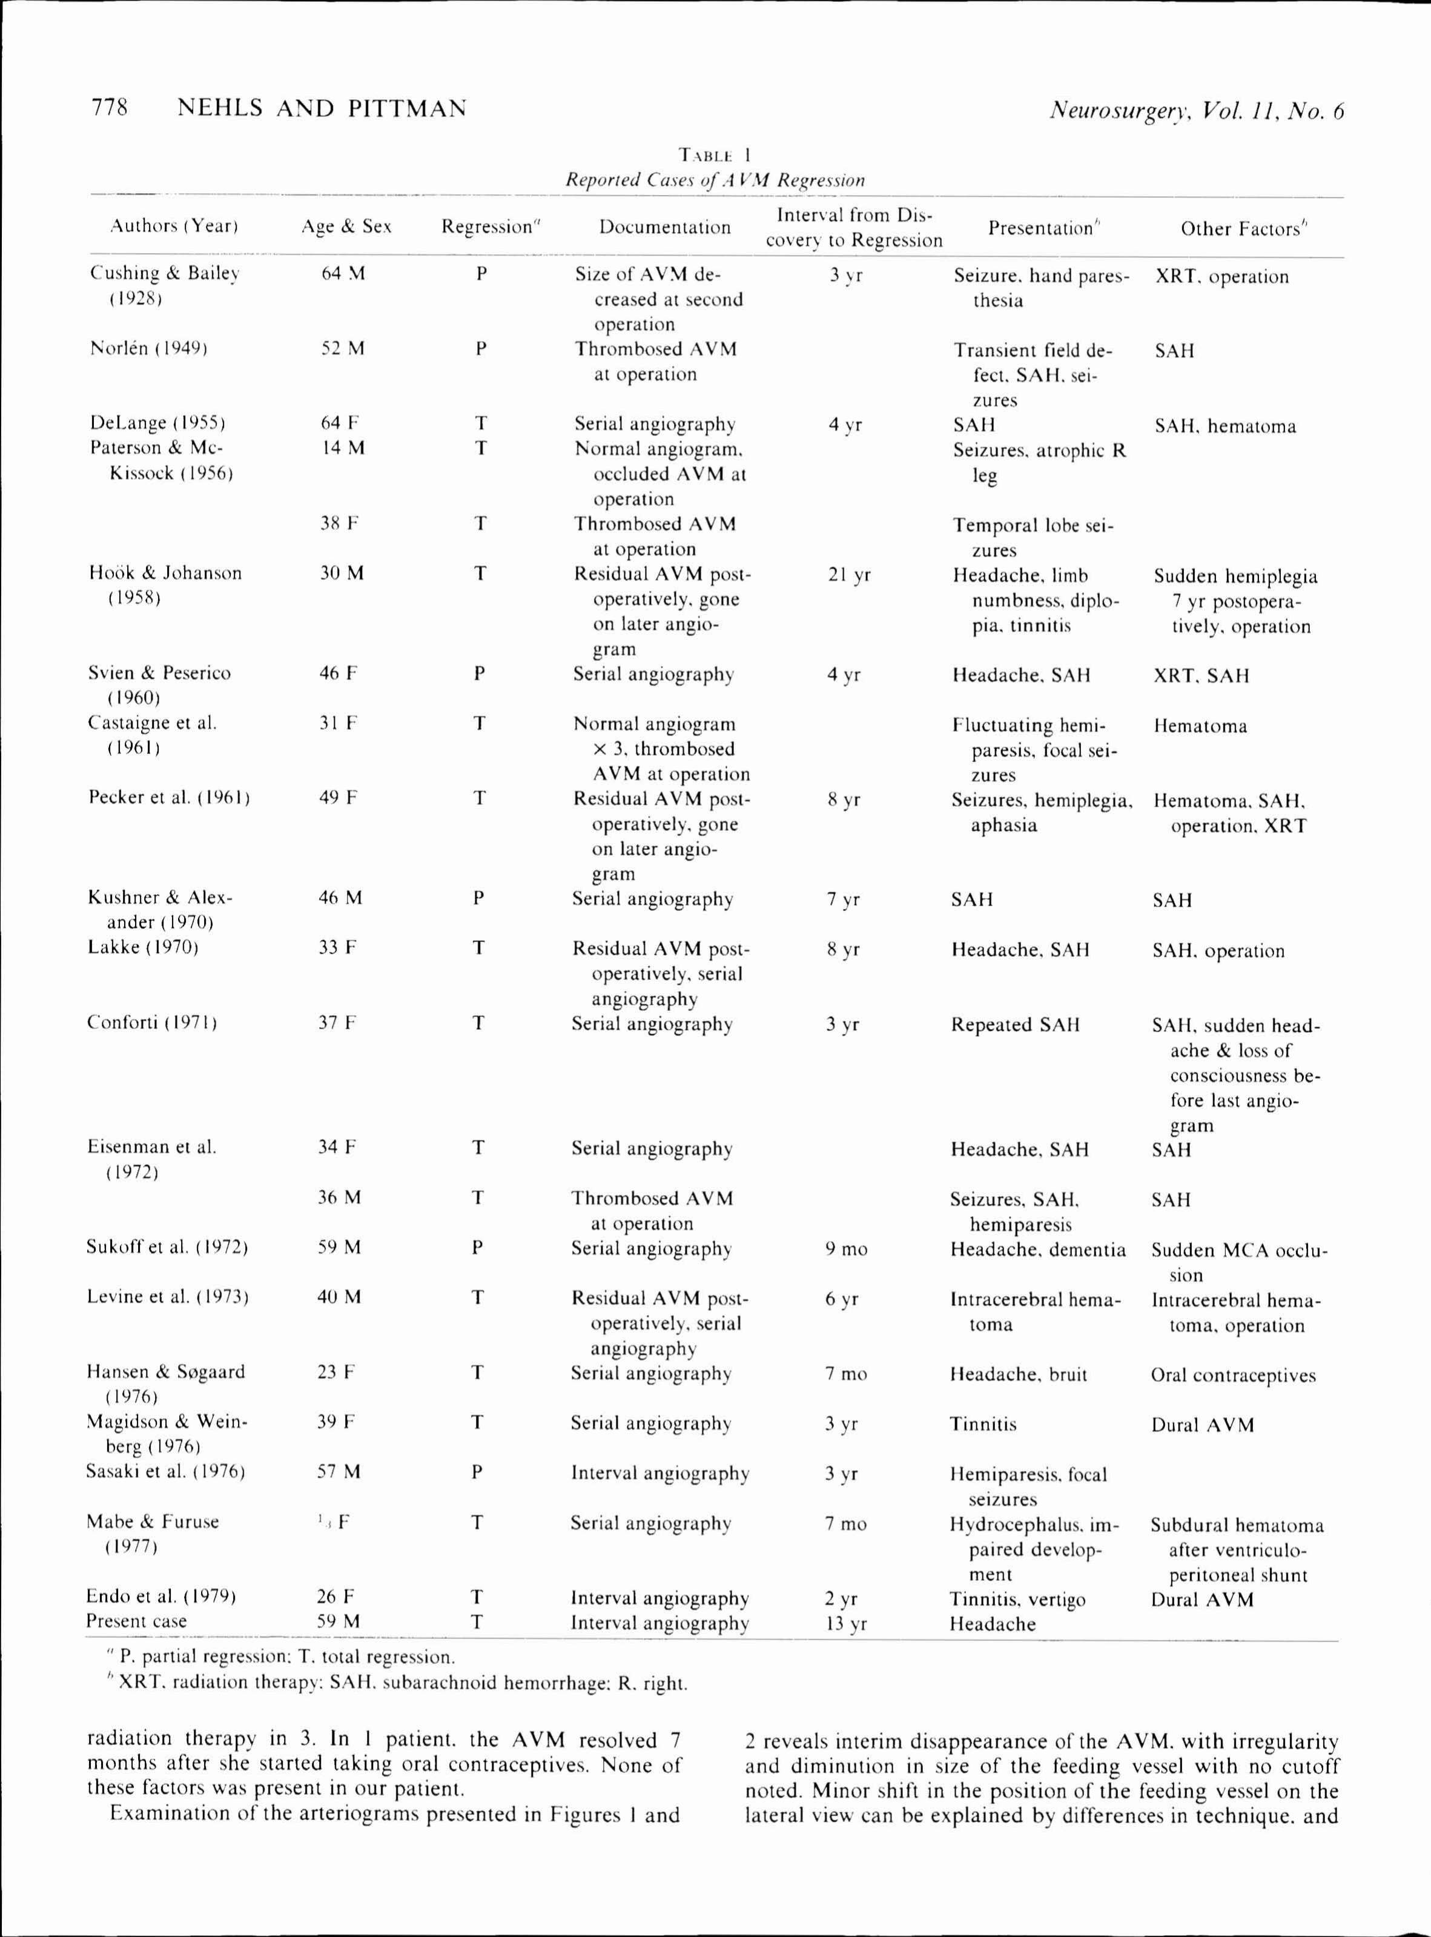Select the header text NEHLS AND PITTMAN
(x=322, y=108)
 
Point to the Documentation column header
(x=664, y=227)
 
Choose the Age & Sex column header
(x=346, y=227)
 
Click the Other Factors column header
(x=1243, y=229)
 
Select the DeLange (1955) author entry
(x=157, y=423)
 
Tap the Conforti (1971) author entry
(x=151, y=1022)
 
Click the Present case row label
(x=136, y=1621)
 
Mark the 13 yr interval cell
(x=845, y=1623)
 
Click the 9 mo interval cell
(x=845, y=1248)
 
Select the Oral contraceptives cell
(x=1232, y=1375)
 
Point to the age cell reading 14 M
(x=342, y=448)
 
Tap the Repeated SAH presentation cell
(x=1014, y=1025)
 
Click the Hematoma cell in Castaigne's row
(x=1200, y=726)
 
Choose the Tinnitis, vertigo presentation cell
(x=1017, y=1599)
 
